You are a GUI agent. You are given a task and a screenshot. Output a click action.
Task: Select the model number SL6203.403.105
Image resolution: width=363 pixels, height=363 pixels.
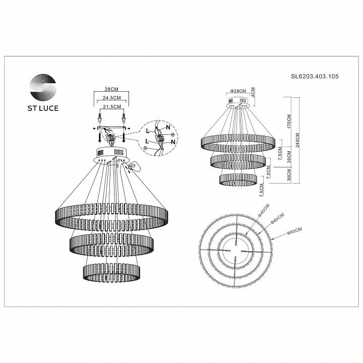coord(315,77)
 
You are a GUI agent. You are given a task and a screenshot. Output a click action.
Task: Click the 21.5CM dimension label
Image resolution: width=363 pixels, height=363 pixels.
coord(112,107)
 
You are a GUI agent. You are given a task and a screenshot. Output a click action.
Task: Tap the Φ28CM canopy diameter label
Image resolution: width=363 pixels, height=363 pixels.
coord(237,91)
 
